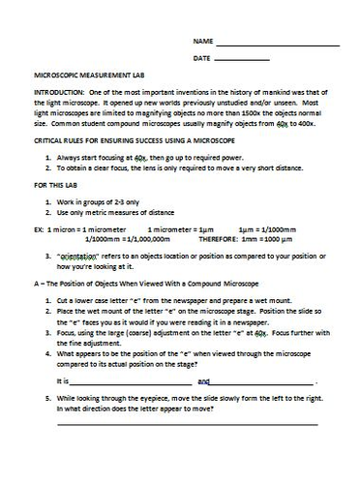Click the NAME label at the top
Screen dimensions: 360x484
click(201, 43)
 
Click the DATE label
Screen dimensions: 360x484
click(201, 59)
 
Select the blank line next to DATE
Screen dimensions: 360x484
click(242, 61)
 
